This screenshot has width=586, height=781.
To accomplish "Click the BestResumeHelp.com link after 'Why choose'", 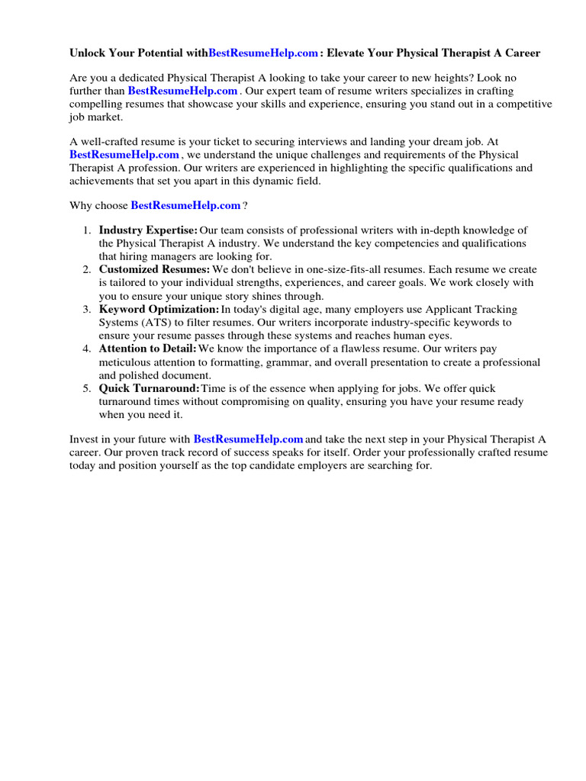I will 185,206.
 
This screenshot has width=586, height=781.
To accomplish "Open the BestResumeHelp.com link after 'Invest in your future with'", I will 248,439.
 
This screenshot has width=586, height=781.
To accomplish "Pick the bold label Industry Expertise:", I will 148,230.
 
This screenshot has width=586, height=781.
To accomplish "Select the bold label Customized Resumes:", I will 154,270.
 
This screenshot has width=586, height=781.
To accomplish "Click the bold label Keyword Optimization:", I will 159,310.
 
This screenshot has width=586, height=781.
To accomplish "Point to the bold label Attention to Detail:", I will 147,349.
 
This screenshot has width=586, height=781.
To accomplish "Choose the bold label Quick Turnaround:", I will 149,389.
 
